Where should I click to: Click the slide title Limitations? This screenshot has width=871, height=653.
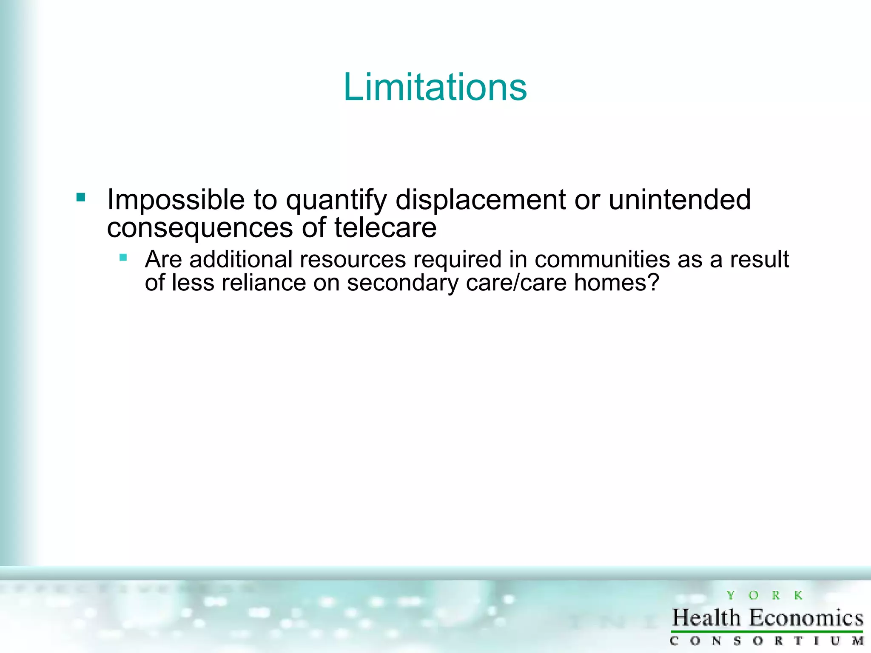(x=435, y=87)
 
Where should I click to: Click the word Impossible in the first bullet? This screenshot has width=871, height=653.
(x=176, y=200)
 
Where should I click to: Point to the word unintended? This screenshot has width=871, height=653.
(x=679, y=200)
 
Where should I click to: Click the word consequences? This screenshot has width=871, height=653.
(x=200, y=228)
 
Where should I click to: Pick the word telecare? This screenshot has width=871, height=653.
(x=385, y=227)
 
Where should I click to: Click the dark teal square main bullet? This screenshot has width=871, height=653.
(x=81, y=197)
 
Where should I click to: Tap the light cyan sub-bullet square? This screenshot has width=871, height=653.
(x=123, y=257)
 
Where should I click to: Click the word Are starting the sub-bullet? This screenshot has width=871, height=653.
(x=163, y=259)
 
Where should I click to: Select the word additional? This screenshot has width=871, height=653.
(x=241, y=259)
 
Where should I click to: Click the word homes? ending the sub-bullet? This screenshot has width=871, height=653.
(x=616, y=283)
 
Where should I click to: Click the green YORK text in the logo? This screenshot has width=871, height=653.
(x=764, y=596)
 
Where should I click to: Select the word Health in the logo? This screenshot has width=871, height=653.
(x=706, y=618)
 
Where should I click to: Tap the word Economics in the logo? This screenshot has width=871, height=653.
(x=806, y=618)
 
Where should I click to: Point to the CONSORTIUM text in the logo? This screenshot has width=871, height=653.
(x=766, y=641)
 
